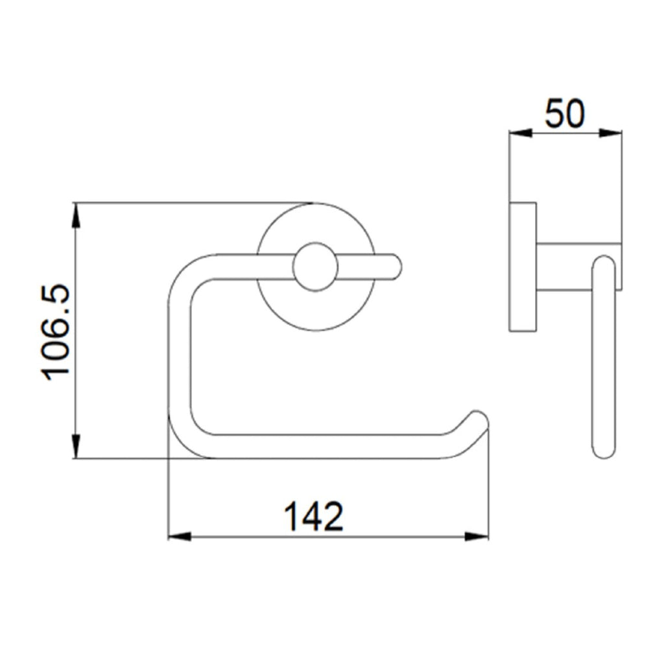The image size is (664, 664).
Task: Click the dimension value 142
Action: click(314, 516)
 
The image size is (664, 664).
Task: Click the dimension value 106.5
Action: click(57, 331)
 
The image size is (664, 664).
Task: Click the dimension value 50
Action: click(564, 114)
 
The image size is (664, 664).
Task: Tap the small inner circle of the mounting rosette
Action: click(315, 267)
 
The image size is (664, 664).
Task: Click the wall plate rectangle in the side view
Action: click(523, 267)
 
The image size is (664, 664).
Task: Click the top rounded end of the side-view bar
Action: click(604, 263)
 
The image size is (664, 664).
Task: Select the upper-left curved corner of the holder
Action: click(185, 272)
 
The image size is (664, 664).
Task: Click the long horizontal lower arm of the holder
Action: click(324, 446)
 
